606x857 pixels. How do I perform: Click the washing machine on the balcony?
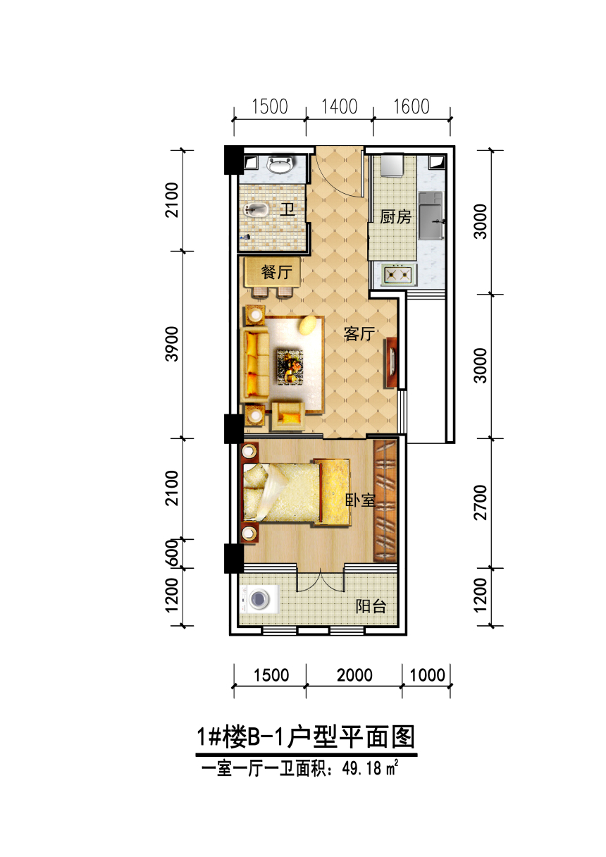pyautogui.click(x=259, y=600)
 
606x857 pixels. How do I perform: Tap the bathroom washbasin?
pyautogui.click(x=281, y=164)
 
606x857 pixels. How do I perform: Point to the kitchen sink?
pyautogui.click(x=431, y=216)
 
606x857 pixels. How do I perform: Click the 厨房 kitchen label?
pyautogui.click(x=395, y=217)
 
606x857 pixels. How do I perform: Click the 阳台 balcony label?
pyautogui.click(x=371, y=606)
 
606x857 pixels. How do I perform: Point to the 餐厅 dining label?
pyautogui.click(x=277, y=273)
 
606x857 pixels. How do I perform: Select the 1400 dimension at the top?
pyautogui.click(x=339, y=106)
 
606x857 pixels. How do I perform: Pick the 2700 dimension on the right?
pyautogui.click(x=481, y=503)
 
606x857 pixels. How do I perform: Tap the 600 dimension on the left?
pyautogui.click(x=172, y=553)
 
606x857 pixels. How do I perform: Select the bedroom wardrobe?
pyautogui.click(x=385, y=501)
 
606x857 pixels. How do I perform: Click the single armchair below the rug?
pyautogui.click(x=288, y=416)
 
